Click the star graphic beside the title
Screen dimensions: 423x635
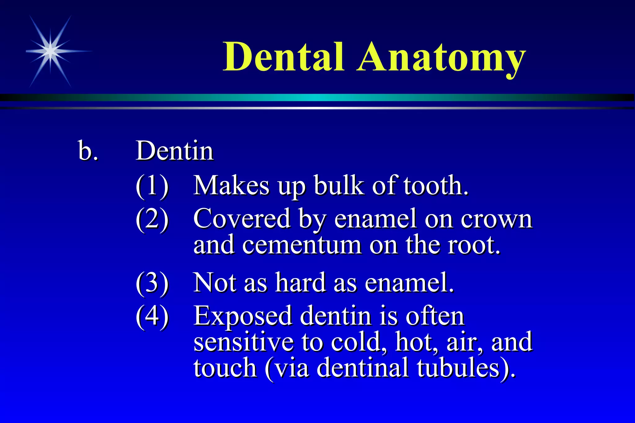(x=51, y=51)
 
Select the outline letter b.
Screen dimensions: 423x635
(x=87, y=151)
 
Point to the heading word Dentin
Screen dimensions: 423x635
(x=175, y=151)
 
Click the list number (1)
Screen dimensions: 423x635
(x=152, y=186)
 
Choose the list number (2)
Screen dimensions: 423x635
(x=152, y=219)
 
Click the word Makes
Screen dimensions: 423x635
(x=231, y=186)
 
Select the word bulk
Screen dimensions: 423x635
(x=339, y=186)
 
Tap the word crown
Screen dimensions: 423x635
(x=496, y=219)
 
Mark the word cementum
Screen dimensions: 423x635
(x=302, y=245)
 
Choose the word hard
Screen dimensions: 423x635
(x=300, y=283)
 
